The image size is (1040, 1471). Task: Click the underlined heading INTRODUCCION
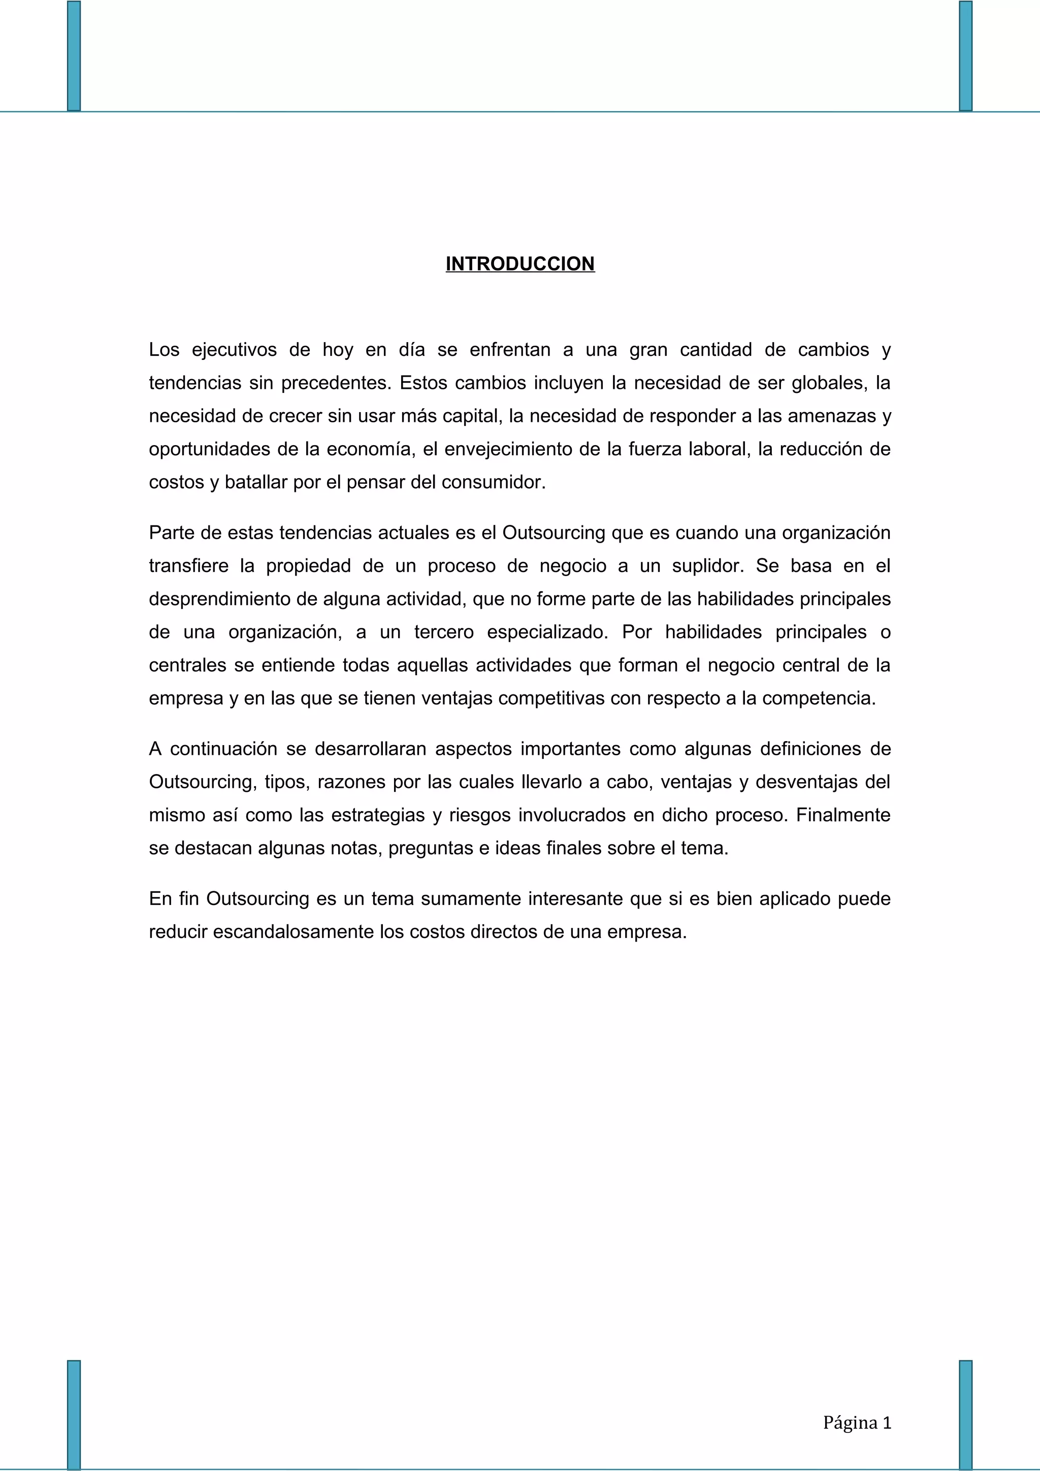[519, 264]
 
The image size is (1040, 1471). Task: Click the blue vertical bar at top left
[74, 56]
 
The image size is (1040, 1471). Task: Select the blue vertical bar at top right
[966, 56]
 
